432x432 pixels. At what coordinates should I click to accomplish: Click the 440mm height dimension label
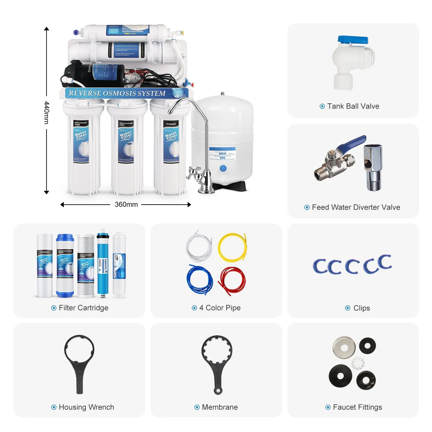[47, 112]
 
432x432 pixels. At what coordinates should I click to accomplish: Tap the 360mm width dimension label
[126, 204]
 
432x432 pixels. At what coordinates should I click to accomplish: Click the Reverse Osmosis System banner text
[117, 93]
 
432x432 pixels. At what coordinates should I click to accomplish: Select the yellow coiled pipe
[232, 247]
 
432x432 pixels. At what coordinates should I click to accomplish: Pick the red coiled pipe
[232, 281]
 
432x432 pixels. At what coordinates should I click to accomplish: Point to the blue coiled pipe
[200, 279]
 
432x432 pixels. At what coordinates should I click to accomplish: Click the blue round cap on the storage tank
[223, 168]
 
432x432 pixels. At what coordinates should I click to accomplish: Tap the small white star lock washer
[358, 363]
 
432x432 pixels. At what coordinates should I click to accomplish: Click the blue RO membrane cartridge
[103, 264]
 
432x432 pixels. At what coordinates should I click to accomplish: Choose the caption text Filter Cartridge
[84, 308]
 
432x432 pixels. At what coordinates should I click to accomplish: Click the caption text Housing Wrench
[86, 407]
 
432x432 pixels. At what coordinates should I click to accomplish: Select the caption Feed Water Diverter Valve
[356, 207]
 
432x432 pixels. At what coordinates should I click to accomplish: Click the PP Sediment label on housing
[171, 124]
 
